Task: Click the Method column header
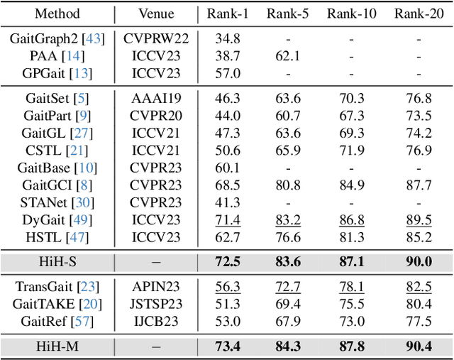(57, 13)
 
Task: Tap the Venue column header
(156, 13)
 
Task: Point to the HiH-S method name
(57, 261)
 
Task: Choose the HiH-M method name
(57, 347)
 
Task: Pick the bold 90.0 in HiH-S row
(418, 261)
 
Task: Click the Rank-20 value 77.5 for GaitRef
(418, 322)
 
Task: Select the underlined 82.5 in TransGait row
(418, 288)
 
